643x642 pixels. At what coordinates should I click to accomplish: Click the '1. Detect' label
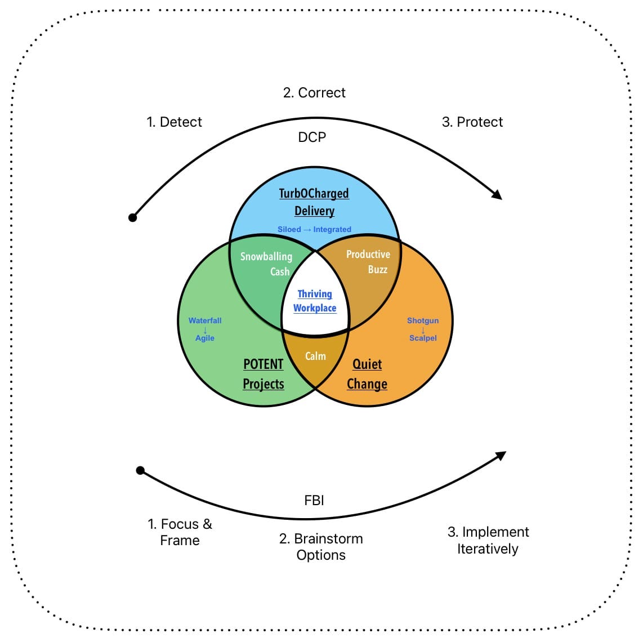174,122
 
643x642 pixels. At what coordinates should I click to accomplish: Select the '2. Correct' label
314,93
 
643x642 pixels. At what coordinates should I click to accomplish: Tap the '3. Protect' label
472,122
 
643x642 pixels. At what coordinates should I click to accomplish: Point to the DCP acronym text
312,137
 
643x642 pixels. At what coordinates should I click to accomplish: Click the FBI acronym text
314,500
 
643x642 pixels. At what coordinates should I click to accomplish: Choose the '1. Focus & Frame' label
180,532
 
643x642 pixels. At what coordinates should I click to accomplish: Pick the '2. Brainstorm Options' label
321,547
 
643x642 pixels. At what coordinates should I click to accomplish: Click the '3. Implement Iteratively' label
488,540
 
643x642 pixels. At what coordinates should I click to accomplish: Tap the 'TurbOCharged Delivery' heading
314,202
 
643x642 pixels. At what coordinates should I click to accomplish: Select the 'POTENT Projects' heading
263,374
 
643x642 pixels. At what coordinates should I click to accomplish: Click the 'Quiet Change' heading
367,374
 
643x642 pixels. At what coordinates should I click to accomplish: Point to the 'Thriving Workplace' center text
315,301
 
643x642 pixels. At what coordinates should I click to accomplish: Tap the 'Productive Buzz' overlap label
368,262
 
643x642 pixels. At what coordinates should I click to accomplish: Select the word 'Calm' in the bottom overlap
315,356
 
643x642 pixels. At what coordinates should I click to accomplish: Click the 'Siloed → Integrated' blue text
314,230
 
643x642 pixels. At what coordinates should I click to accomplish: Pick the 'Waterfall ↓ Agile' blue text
205,329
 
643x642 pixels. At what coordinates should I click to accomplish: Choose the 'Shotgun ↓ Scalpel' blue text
423,329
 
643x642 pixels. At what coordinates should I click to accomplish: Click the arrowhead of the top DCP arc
497,194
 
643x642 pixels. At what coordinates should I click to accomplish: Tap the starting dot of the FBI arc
141,470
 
